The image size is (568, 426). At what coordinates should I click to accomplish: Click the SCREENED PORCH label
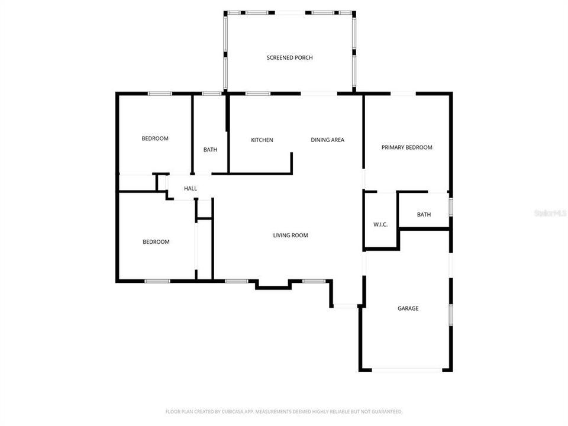[x=289, y=57]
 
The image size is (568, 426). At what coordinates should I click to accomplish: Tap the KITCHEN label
[x=262, y=140]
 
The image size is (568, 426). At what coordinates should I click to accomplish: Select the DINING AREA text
[x=328, y=140]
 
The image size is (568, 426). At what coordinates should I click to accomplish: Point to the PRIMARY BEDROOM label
[x=406, y=147]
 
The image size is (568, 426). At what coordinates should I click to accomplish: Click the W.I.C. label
[x=380, y=224]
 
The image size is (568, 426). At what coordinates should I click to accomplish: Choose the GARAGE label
[x=408, y=308]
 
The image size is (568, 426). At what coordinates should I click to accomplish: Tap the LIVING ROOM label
[x=291, y=235]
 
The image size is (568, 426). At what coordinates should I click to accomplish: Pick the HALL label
[x=191, y=189]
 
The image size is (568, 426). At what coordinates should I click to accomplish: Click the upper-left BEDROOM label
[x=155, y=138]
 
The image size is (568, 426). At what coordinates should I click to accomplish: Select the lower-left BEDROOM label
[x=156, y=242]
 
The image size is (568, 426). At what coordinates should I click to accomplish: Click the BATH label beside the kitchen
[x=210, y=150]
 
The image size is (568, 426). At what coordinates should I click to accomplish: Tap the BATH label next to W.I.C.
[x=424, y=215]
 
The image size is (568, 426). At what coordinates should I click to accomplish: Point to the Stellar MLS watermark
[x=550, y=212]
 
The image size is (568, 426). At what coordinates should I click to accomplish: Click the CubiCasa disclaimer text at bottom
[x=284, y=411]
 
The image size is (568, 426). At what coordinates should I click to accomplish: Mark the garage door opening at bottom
[x=407, y=370]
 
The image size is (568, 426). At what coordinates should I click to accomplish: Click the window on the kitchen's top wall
[x=254, y=93]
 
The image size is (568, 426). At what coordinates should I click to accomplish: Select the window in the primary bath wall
[x=451, y=207]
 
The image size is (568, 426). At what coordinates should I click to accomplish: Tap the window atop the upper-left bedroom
[x=160, y=93]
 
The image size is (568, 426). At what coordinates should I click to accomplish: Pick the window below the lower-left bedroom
[x=157, y=280]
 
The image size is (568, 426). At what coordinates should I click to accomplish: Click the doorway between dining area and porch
[x=319, y=93]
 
